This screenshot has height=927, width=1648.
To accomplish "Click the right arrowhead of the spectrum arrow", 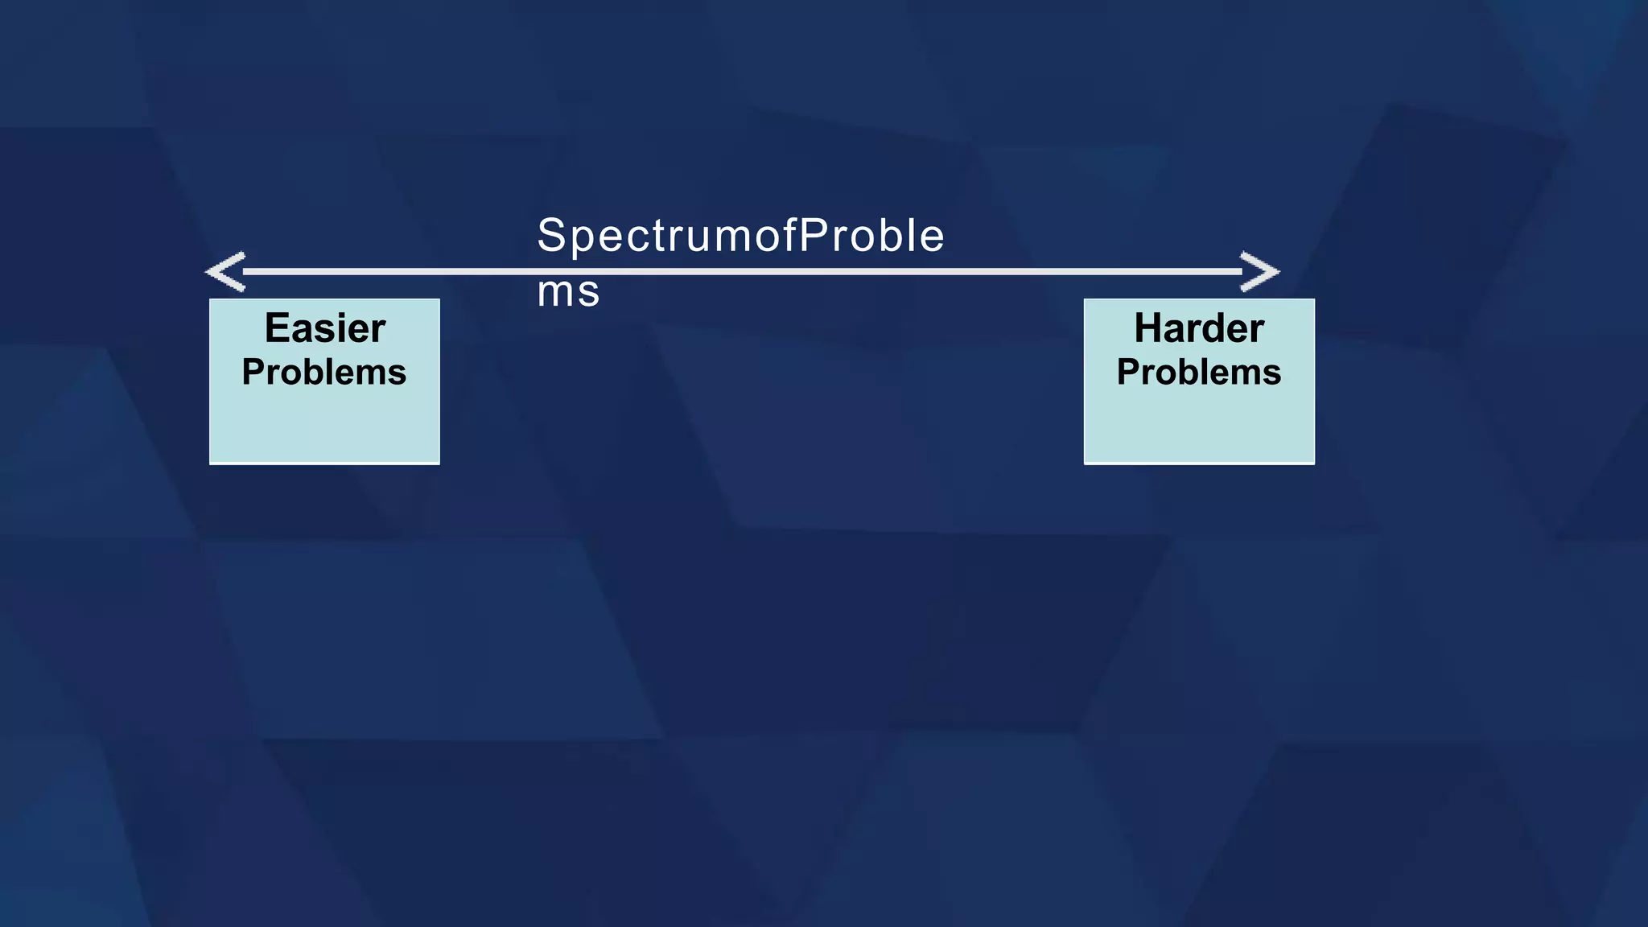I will pos(1260,271).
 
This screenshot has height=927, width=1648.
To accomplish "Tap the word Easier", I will pos(325,328).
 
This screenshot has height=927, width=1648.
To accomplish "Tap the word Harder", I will pos(1199,328).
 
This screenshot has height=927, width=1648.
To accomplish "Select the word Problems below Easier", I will pos(324,373).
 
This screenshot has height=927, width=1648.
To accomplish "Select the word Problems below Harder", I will pos(1199,373).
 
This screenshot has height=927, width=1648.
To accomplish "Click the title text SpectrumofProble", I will pos(740,236).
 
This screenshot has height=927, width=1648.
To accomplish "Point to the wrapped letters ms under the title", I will pos(568,291).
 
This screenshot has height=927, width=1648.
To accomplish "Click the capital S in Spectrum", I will pos(552,236).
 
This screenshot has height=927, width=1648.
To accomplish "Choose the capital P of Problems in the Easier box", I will pos(253,373).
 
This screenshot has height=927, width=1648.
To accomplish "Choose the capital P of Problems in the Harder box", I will pos(1128,373).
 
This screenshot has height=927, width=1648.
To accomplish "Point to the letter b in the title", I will pos(890,236).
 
